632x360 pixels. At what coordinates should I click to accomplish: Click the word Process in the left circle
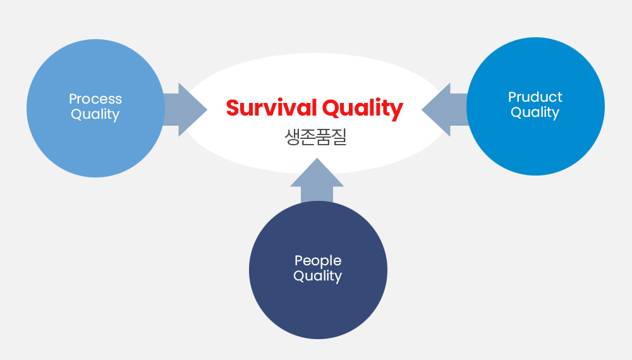(95, 99)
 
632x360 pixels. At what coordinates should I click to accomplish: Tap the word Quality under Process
(95, 114)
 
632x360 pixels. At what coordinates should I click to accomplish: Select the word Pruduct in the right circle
(535, 97)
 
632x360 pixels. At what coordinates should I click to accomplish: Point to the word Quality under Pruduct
(535, 112)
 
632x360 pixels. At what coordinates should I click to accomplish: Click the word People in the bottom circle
(318, 261)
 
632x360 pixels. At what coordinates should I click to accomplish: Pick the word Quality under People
(318, 276)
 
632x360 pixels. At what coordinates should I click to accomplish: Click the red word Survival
(271, 108)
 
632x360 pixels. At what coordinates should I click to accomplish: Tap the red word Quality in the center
(363, 109)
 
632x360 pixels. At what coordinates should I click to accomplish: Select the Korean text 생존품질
(315, 137)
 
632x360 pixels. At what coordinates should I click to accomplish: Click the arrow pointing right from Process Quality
(185, 109)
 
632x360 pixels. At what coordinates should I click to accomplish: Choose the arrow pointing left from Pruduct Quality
(444, 109)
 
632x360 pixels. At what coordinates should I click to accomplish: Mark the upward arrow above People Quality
(317, 181)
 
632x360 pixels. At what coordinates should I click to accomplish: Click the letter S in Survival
(233, 108)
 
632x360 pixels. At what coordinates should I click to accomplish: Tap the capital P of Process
(73, 99)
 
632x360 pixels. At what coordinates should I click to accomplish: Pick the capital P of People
(299, 261)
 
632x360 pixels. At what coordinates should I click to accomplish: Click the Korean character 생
(292, 137)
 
